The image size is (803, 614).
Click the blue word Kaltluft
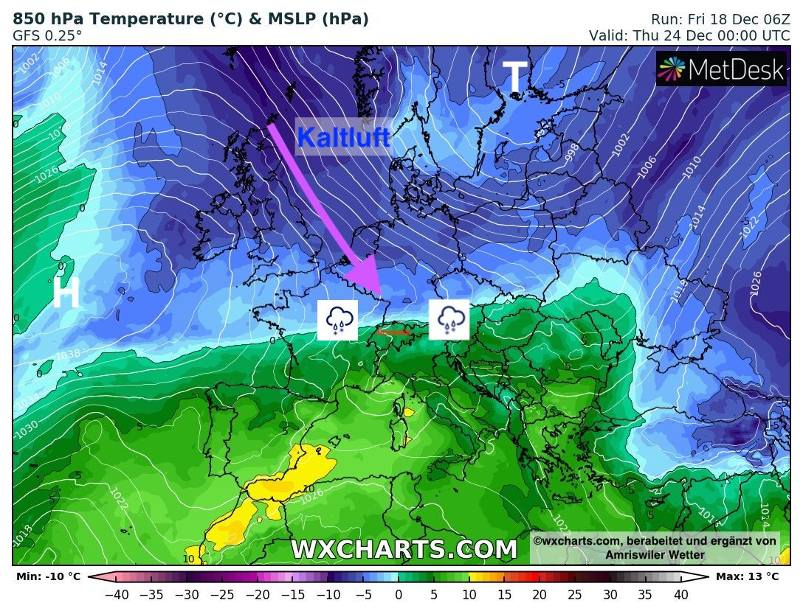click(343, 136)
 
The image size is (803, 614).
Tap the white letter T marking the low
click(514, 77)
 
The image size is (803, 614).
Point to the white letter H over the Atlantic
click(66, 293)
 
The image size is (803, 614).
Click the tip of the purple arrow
click(378, 292)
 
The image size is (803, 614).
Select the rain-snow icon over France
click(337, 320)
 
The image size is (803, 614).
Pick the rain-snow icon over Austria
click(449, 320)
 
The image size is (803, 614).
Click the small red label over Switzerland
click(393, 332)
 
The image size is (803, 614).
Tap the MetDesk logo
click(721, 69)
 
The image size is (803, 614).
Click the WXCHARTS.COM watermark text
click(404, 550)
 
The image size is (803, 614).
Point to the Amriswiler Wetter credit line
click(655, 555)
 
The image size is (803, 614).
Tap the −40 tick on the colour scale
click(116, 594)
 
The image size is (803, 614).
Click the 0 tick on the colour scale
click(399, 594)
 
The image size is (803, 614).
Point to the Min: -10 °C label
click(48, 576)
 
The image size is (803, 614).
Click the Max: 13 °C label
click(747, 576)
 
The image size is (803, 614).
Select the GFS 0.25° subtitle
click(47, 35)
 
